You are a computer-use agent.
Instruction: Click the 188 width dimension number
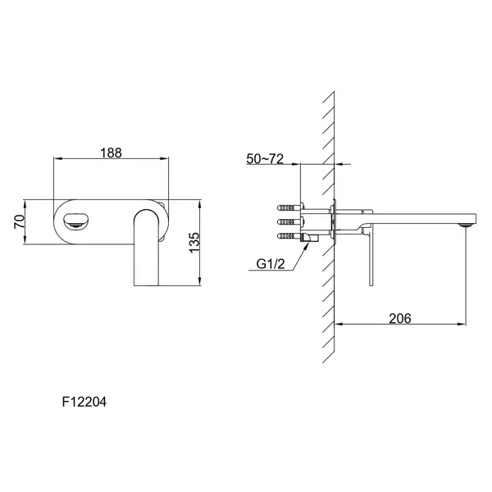pyautogui.click(x=111, y=153)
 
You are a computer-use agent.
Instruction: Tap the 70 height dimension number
pyautogui.click(x=19, y=221)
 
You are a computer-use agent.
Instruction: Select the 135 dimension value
pyautogui.click(x=194, y=242)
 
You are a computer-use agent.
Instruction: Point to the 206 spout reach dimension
pyautogui.click(x=400, y=318)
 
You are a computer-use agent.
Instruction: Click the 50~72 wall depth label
pyautogui.click(x=265, y=159)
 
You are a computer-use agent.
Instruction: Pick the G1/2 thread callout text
pyautogui.click(x=271, y=264)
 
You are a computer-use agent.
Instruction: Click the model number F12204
pyautogui.click(x=84, y=402)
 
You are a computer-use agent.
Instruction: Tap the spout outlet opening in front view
pyautogui.click(x=76, y=220)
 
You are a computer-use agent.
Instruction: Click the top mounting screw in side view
pyautogui.click(x=290, y=207)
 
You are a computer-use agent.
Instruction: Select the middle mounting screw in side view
pyautogui.click(x=290, y=222)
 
